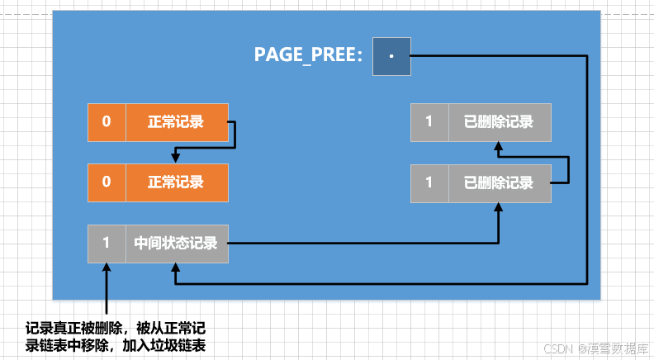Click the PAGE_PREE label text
[308, 56]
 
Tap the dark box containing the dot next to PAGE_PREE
[391, 56]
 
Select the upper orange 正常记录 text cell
[176, 122]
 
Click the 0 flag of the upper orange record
[107, 122]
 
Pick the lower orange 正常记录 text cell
[176, 182]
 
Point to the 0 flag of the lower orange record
[107, 182]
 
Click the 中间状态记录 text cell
[176, 244]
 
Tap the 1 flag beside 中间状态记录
[107, 244]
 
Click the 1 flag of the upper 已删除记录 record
[429, 122]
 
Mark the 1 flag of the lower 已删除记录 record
[429, 182]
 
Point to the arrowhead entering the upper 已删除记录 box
[499, 146]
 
